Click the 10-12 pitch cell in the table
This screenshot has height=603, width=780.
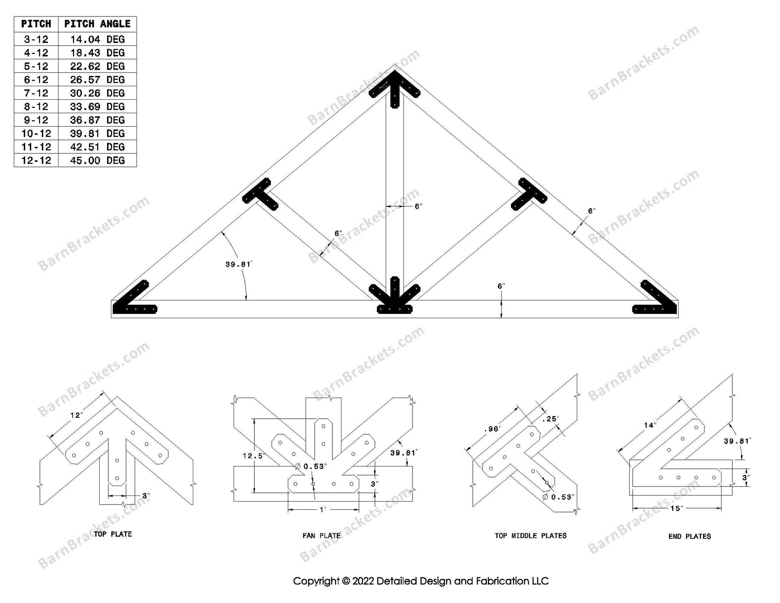point(36,134)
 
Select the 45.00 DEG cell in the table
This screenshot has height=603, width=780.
point(97,160)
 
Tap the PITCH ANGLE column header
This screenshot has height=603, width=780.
point(97,24)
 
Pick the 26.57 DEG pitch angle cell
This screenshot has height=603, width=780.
point(97,80)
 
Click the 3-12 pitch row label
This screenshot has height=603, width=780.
point(36,39)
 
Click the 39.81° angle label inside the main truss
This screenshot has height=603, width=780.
point(238,264)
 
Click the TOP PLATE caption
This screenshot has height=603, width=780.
point(113,534)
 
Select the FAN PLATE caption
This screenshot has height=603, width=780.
point(321,536)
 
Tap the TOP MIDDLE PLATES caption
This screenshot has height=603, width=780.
point(530,536)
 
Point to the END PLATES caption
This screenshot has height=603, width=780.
point(689,536)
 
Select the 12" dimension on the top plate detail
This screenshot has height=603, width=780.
point(76,415)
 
